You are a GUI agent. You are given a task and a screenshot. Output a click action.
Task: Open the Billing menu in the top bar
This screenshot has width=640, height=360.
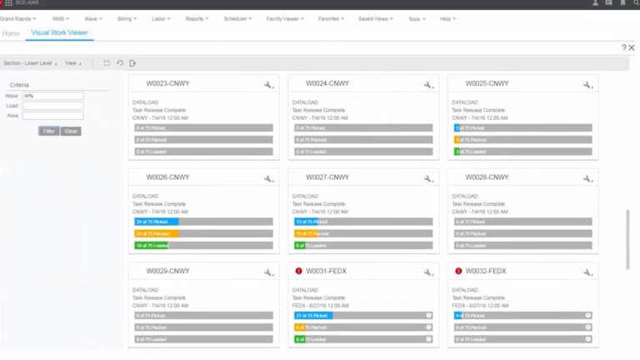(x=127, y=17)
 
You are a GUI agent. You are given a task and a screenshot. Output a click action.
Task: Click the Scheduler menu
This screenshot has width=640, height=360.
(x=237, y=17)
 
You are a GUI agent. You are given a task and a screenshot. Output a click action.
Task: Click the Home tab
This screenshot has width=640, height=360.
(x=11, y=33)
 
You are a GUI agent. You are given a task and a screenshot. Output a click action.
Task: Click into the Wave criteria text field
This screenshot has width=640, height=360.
(x=52, y=96)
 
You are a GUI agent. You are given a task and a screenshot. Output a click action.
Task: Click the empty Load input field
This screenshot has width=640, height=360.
(x=52, y=106)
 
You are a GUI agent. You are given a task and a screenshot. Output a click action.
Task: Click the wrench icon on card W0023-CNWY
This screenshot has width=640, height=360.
(x=268, y=85)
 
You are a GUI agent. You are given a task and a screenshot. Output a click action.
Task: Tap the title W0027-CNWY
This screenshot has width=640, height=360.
(x=327, y=177)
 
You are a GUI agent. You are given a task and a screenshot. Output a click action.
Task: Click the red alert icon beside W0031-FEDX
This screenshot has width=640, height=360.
(x=298, y=271)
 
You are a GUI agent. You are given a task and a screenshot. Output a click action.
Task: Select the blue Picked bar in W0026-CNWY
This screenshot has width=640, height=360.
(x=157, y=222)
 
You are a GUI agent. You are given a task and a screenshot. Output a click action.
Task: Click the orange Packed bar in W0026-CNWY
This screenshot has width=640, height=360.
(x=157, y=234)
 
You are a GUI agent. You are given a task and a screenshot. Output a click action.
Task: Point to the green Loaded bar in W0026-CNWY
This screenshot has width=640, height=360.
(x=152, y=246)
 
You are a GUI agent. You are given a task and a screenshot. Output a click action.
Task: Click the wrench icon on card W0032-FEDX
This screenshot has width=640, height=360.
(x=587, y=272)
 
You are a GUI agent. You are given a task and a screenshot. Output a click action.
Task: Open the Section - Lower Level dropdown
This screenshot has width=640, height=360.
(x=31, y=62)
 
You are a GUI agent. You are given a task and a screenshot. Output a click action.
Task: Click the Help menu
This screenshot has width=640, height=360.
(x=448, y=17)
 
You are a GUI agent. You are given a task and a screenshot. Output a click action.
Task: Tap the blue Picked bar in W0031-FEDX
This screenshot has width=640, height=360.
(x=312, y=316)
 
